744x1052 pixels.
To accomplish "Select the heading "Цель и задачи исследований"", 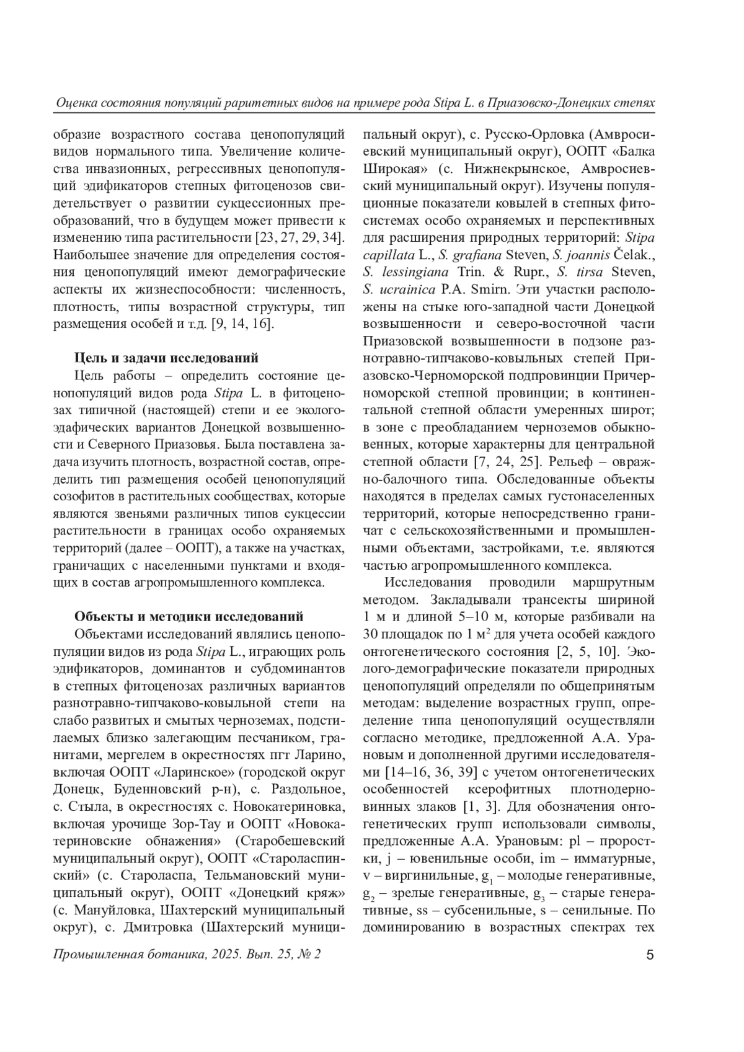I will pyautogui.click(x=166, y=358).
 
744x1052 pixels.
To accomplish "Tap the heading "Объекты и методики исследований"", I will pyautogui.click(x=188, y=616).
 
